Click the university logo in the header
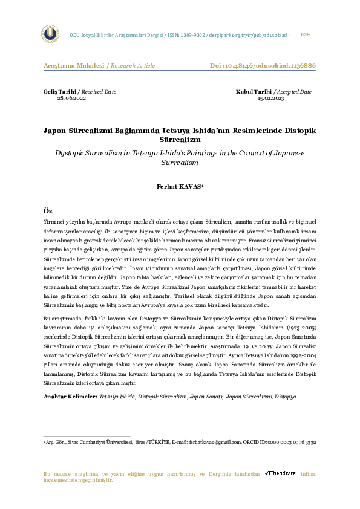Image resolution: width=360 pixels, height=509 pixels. pyautogui.click(x=50, y=34)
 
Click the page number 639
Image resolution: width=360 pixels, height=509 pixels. pyautogui.click(x=305, y=34)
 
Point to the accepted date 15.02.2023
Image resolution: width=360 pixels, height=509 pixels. pyautogui.click(x=270, y=97)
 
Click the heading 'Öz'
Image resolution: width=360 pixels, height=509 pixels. pyautogui.click(x=48, y=210)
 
